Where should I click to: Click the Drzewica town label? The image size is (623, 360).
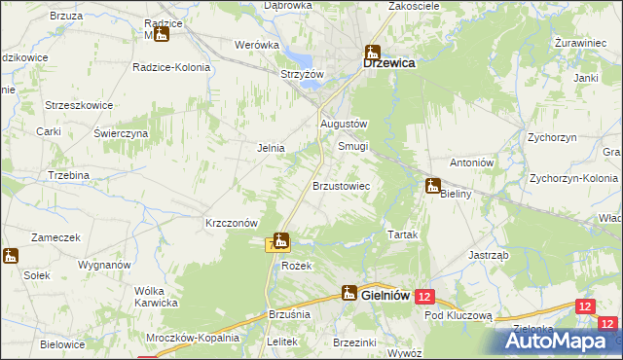[389, 62]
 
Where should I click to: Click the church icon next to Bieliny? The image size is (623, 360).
[433, 185]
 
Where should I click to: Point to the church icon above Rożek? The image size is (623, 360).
[281, 240]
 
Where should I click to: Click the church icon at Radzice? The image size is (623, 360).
[162, 34]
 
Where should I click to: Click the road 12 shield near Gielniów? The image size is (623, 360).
[424, 295]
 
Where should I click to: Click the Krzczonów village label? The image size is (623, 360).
[231, 222]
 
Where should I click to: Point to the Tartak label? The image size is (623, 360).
[403, 235]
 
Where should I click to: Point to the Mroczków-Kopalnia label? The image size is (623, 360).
[194, 338]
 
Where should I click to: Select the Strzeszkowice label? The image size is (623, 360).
[80, 104]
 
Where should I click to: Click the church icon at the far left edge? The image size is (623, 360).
[11, 257]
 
